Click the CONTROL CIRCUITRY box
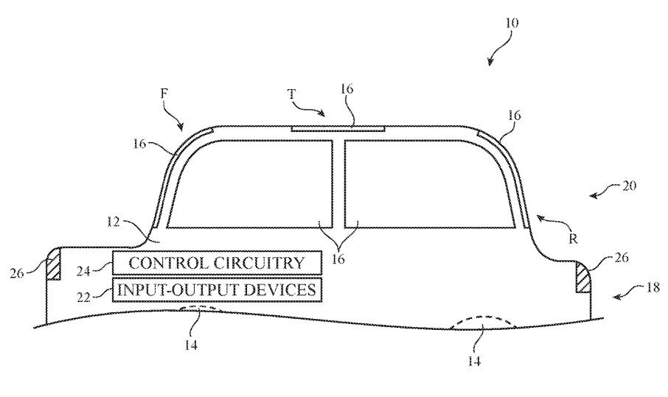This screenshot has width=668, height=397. [x=216, y=262]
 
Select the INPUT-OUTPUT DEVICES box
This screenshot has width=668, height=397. [x=216, y=289]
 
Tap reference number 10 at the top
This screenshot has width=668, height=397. [x=512, y=23]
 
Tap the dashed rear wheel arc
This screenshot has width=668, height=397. [x=479, y=323]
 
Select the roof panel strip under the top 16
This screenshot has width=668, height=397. [x=338, y=127]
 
